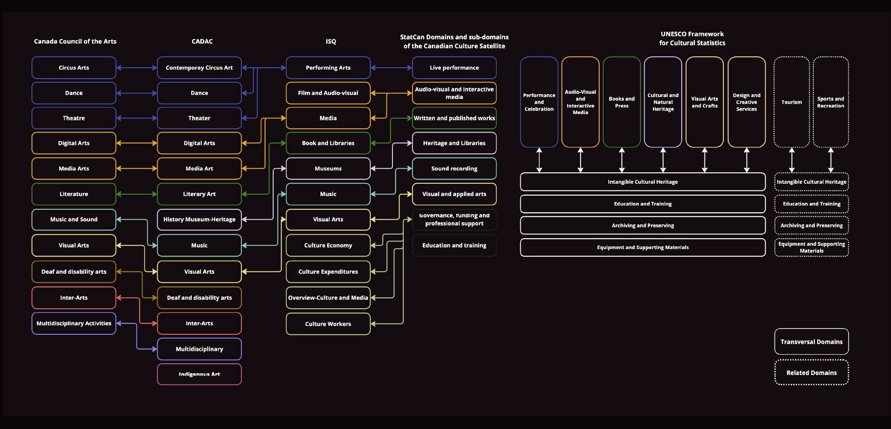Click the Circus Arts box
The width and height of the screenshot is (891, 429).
[x=74, y=68]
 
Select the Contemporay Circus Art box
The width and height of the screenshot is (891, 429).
[x=199, y=68]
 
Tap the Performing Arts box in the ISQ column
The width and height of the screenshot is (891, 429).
[x=328, y=68]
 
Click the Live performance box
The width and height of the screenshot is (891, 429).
[x=454, y=68]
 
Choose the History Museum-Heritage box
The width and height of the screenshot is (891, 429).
[x=199, y=219]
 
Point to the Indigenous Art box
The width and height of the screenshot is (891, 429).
[x=199, y=374]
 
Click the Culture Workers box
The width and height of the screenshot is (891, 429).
[x=328, y=324]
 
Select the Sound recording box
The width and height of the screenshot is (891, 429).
[x=454, y=169]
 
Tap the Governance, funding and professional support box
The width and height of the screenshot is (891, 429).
[x=454, y=219]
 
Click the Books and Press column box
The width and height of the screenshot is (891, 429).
[x=622, y=102]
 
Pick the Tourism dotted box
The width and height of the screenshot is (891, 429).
[x=792, y=102]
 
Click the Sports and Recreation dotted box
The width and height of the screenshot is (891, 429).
[x=830, y=102]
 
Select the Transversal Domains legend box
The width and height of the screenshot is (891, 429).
[x=811, y=341]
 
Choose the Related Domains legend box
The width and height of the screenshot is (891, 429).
[x=811, y=373]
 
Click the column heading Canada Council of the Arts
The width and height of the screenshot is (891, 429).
[x=75, y=42]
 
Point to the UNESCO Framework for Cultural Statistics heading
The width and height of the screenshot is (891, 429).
[x=692, y=38]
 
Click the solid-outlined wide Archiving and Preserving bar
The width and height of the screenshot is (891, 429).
[x=642, y=225]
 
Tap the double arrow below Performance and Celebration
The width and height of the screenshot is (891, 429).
[x=539, y=160]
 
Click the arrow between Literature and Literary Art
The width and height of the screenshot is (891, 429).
[x=136, y=194]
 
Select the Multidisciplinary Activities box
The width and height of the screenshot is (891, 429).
[x=74, y=323]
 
